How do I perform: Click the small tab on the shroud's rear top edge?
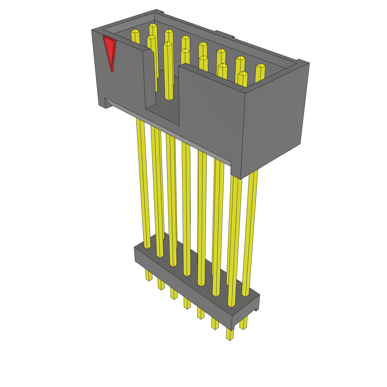point(224,34)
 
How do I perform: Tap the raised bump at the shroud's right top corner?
point(303,62)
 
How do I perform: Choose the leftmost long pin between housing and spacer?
point(143,181)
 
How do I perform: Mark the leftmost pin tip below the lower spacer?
point(149,276)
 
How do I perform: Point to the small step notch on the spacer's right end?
point(257,308)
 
